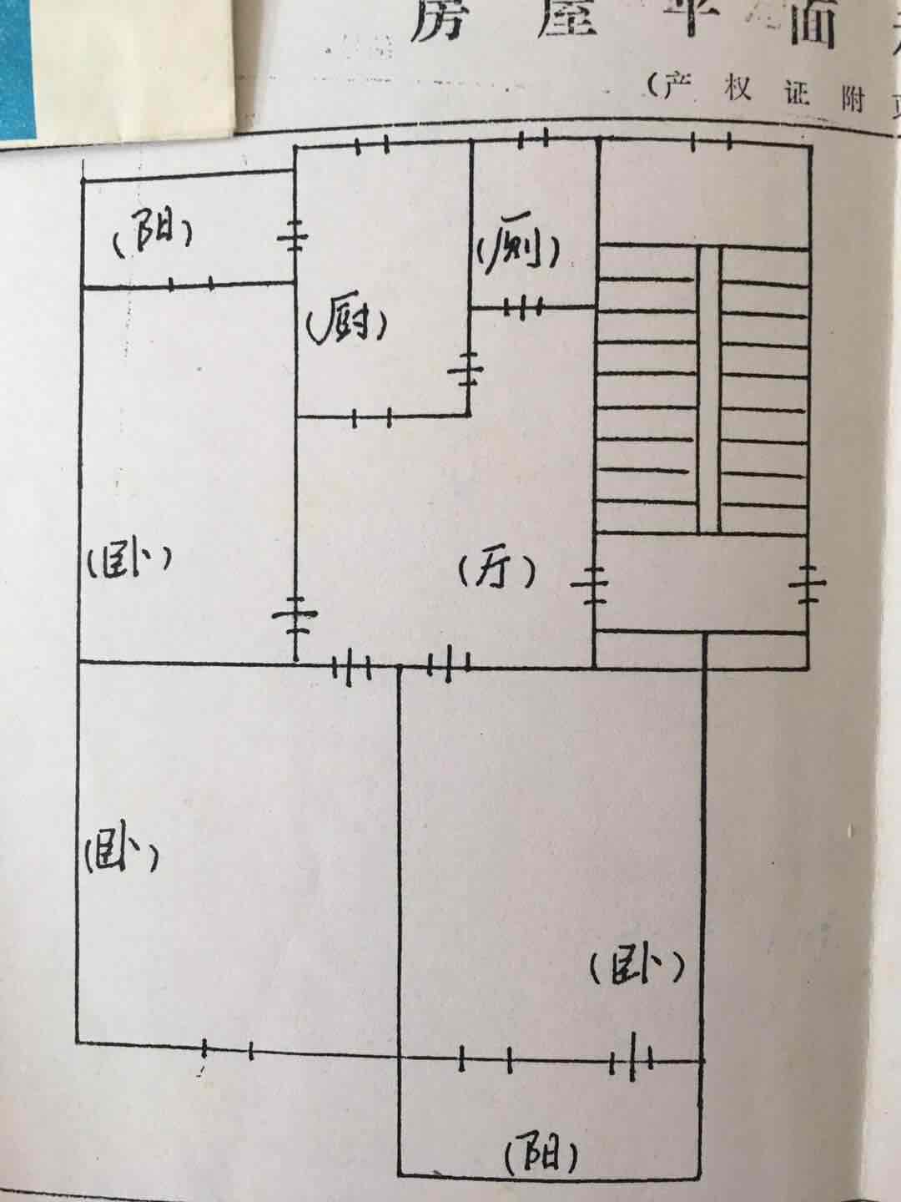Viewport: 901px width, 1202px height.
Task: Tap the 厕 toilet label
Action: click(518, 249)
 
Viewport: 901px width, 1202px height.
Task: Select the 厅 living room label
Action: click(496, 573)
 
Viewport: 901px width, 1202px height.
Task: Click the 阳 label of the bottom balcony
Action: click(542, 1156)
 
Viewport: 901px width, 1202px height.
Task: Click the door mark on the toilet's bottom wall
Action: click(524, 307)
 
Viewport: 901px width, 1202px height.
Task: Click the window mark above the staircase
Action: click(712, 142)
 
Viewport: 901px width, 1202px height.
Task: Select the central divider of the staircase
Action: click(708, 389)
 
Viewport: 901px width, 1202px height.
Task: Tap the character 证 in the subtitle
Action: click(796, 89)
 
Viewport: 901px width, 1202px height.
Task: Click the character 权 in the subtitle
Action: click(736, 88)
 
